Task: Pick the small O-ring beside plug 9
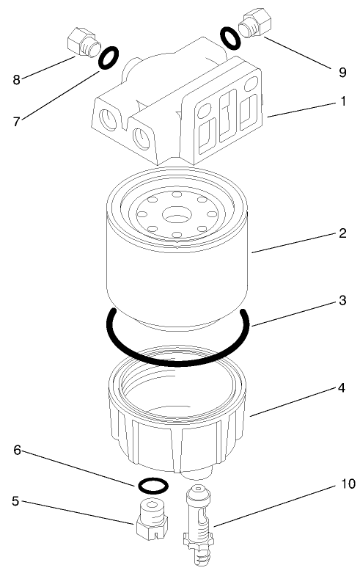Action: click(229, 38)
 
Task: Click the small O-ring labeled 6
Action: click(153, 485)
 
